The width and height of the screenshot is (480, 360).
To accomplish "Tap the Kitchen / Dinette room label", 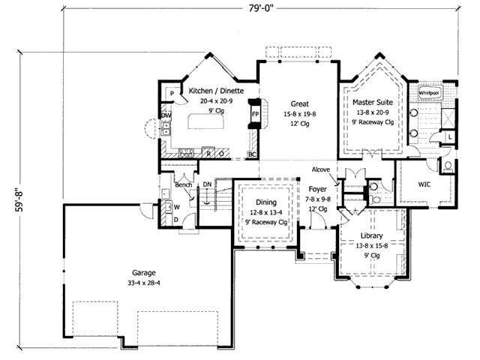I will click(215, 90).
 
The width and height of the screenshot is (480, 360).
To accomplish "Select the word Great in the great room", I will click(301, 103).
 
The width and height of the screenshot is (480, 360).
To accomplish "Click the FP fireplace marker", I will click(256, 114).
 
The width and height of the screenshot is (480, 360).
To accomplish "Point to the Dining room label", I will click(265, 202).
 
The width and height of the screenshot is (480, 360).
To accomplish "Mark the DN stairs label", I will click(207, 184).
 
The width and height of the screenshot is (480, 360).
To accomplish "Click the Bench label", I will click(184, 184).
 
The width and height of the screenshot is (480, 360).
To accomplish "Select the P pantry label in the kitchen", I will click(172, 93).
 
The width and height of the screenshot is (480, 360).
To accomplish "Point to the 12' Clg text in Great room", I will click(301, 124).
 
